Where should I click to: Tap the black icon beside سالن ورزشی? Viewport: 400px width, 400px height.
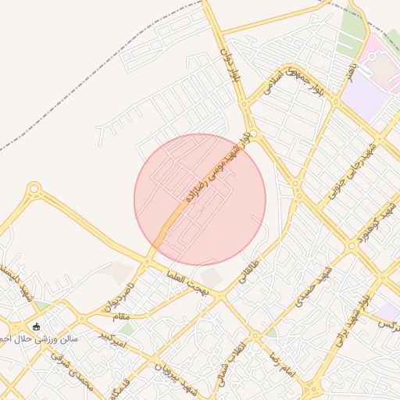(36, 326)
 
